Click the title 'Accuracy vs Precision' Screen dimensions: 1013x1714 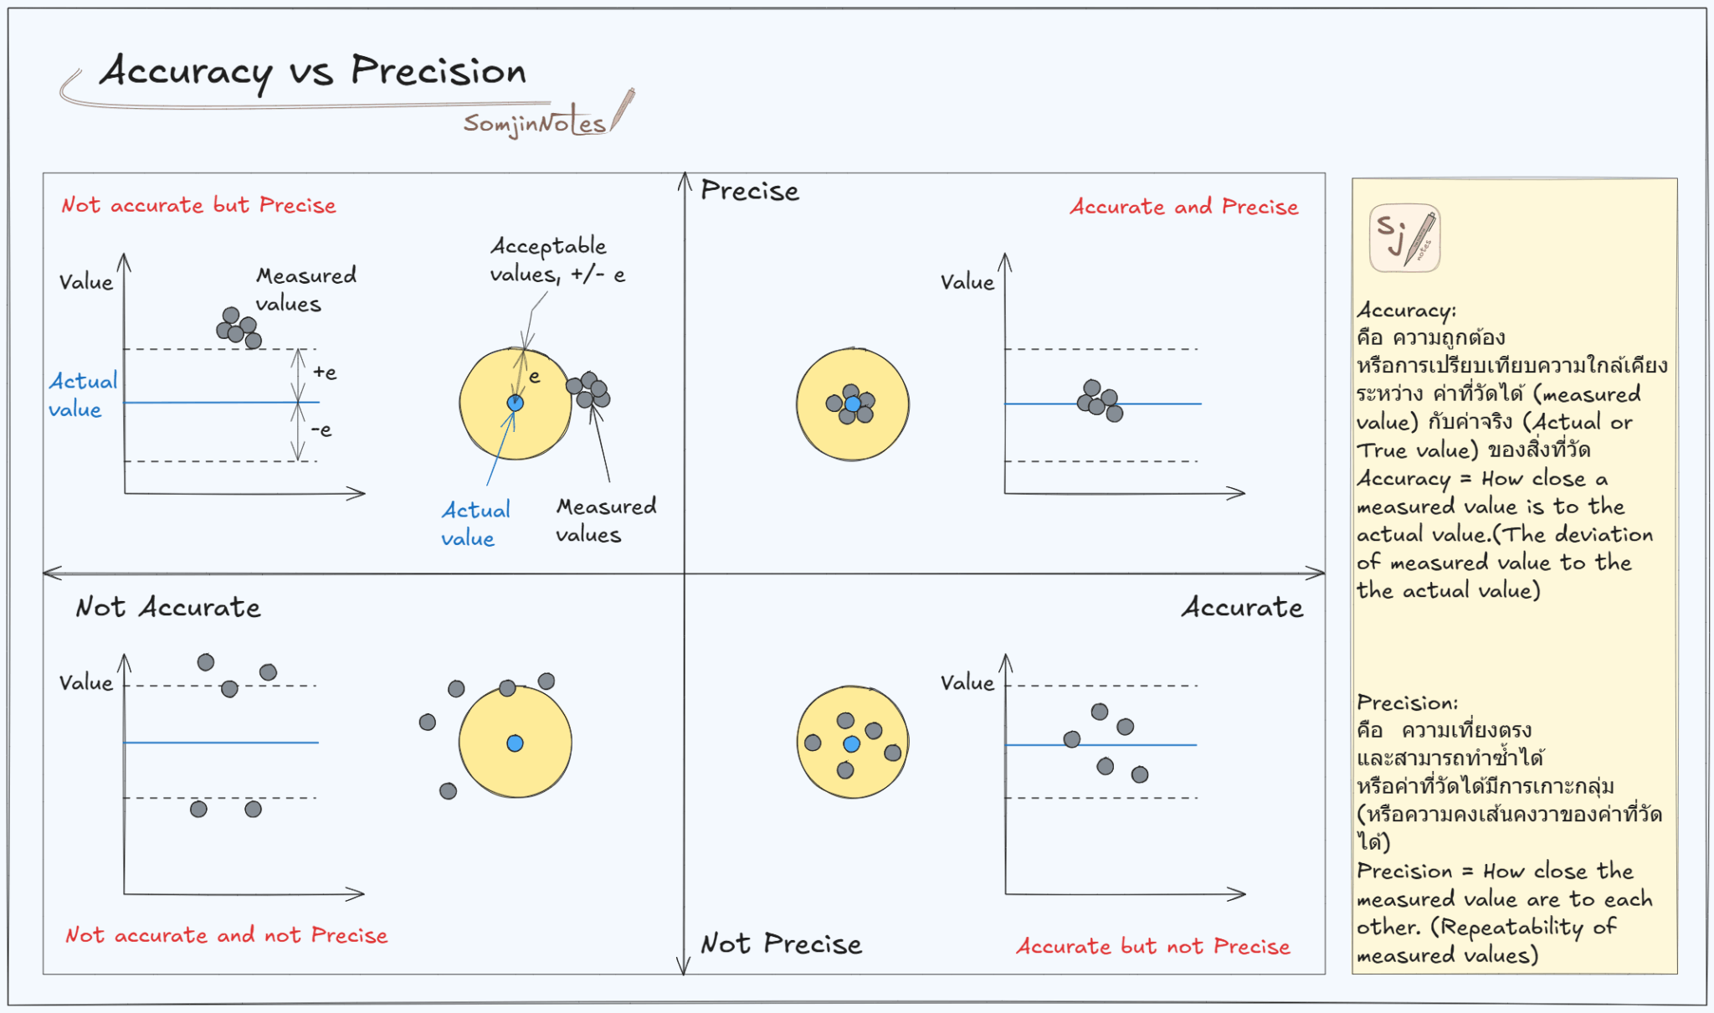coord(312,71)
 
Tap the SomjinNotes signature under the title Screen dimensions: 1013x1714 coord(535,124)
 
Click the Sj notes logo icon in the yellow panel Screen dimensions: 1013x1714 coord(1404,238)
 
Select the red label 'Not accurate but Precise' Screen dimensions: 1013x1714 coord(198,205)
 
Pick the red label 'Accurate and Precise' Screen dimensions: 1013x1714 coord(1183,207)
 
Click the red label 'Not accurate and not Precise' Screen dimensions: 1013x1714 coord(226,935)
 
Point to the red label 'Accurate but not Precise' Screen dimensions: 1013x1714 coord(1152,946)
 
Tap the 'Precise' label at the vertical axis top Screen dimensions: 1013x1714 coord(750,191)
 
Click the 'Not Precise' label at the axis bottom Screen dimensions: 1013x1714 coord(781,944)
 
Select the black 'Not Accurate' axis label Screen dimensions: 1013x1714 coord(167,607)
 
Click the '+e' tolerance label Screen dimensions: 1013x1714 coord(325,373)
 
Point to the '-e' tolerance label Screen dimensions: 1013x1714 coord(321,430)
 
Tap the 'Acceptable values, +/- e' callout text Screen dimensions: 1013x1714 coord(557,260)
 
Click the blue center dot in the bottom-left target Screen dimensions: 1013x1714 coord(515,743)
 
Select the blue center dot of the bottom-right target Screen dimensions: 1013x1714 coord(852,743)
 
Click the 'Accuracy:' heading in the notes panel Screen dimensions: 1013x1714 coord(1406,311)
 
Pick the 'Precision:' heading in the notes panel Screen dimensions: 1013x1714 coord(1407,702)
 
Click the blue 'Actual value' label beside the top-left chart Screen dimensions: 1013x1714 coord(82,395)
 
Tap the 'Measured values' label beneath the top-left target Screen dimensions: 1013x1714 coord(605,521)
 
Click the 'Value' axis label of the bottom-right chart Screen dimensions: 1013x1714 coord(967,683)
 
